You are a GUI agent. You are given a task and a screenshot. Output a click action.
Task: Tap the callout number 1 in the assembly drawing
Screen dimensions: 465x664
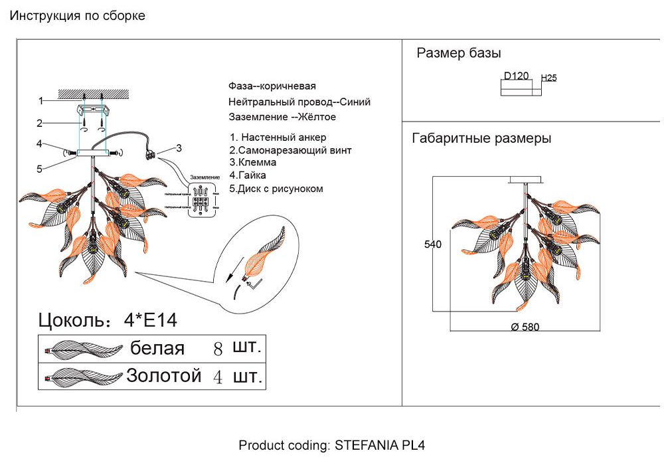click(41, 101)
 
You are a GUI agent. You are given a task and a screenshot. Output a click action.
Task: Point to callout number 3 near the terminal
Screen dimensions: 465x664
click(179, 147)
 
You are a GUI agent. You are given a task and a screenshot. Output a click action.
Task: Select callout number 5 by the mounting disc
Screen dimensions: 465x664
click(40, 169)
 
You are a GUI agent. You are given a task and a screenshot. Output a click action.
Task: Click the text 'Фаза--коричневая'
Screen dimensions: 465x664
click(272, 86)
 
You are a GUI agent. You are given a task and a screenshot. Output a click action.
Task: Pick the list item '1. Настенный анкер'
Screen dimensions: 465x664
click(278, 138)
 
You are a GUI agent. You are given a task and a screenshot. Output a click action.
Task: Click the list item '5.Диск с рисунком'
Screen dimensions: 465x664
click(276, 189)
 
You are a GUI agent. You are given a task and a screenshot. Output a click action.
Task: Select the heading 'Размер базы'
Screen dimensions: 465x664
click(459, 54)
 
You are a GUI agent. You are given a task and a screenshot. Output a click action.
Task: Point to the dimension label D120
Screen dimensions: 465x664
click(516, 76)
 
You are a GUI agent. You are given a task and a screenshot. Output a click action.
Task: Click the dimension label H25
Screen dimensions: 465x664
click(549, 78)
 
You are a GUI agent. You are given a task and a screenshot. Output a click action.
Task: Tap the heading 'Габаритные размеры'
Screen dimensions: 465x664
click(481, 139)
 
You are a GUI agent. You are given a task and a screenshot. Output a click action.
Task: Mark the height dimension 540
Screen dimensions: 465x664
click(433, 244)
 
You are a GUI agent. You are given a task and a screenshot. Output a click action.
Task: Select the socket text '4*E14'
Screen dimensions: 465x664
click(151, 321)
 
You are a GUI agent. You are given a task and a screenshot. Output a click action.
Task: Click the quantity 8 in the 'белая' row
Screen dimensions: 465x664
click(217, 349)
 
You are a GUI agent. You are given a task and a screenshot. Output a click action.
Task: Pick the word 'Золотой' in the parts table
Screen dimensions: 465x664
click(163, 376)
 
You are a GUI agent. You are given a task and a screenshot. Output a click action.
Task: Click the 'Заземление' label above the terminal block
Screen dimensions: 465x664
click(205, 177)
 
